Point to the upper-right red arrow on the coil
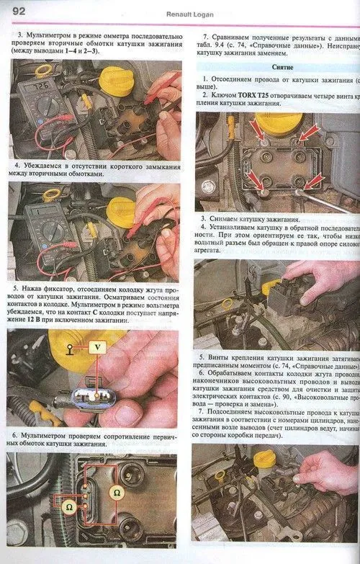307,133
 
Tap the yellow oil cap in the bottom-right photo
265,458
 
